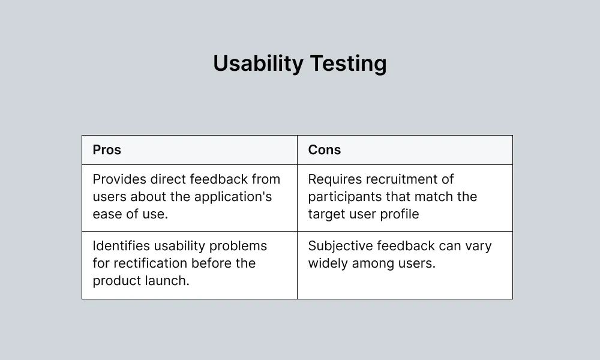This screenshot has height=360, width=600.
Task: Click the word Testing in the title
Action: [x=348, y=64]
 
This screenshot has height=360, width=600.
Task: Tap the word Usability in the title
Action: [x=258, y=64]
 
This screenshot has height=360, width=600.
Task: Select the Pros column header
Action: [x=107, y=149]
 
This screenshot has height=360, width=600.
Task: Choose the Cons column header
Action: [x=325, y=149]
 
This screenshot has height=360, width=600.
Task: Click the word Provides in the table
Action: [x=119, y=179]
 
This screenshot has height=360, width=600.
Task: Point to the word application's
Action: [x=233, y=197]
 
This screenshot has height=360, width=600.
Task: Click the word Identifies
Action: [x=121, y=245]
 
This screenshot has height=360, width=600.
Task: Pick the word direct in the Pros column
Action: [x=168, y=179]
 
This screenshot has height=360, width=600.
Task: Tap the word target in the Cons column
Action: [x=328, y=215]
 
